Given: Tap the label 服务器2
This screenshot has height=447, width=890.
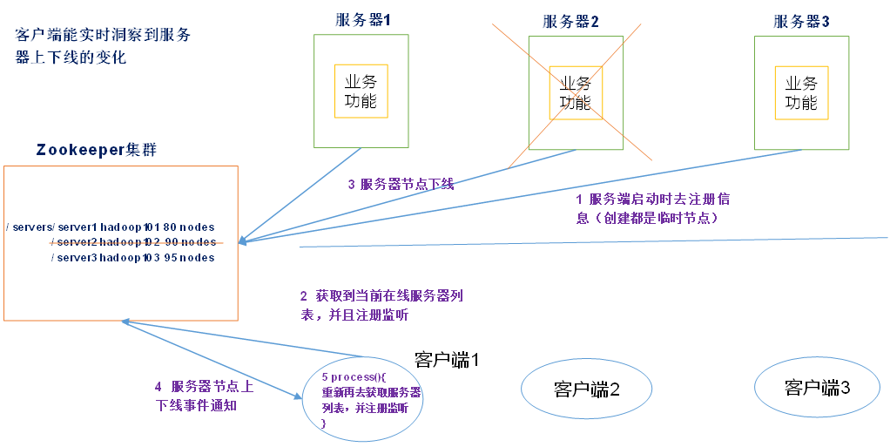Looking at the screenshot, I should (x=570, y=22).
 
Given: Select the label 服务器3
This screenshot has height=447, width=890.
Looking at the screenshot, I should (x=801, y=22).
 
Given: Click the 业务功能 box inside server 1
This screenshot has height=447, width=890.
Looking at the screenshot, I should (x=361, y=91).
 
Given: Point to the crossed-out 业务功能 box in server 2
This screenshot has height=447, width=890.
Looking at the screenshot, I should (x=575, y=92).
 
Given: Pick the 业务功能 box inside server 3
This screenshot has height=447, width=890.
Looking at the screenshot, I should (x=801, y=92).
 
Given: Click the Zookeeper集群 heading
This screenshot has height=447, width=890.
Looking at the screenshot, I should (x=96, y=149).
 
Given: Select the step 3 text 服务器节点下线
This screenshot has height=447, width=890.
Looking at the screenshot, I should (x=401, y=185).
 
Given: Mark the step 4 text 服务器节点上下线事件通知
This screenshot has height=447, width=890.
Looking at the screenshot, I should (x=204, y=396).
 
